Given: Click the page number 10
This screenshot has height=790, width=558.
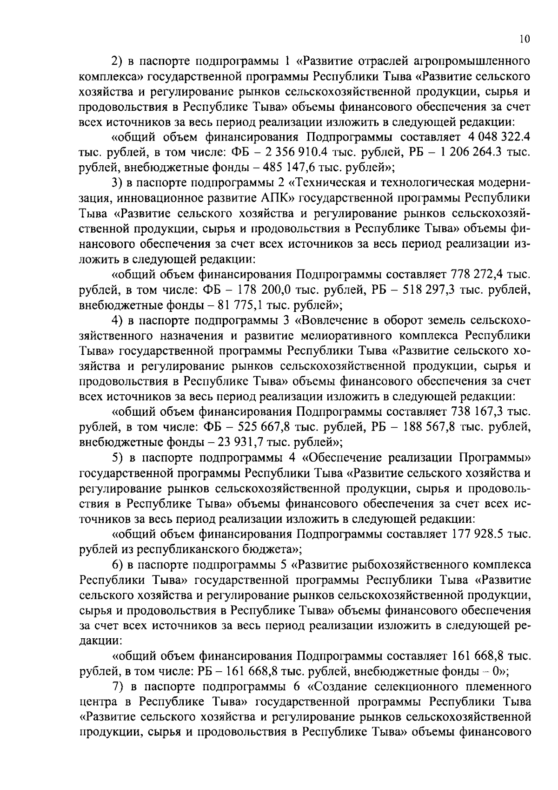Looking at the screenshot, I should [524, 40].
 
